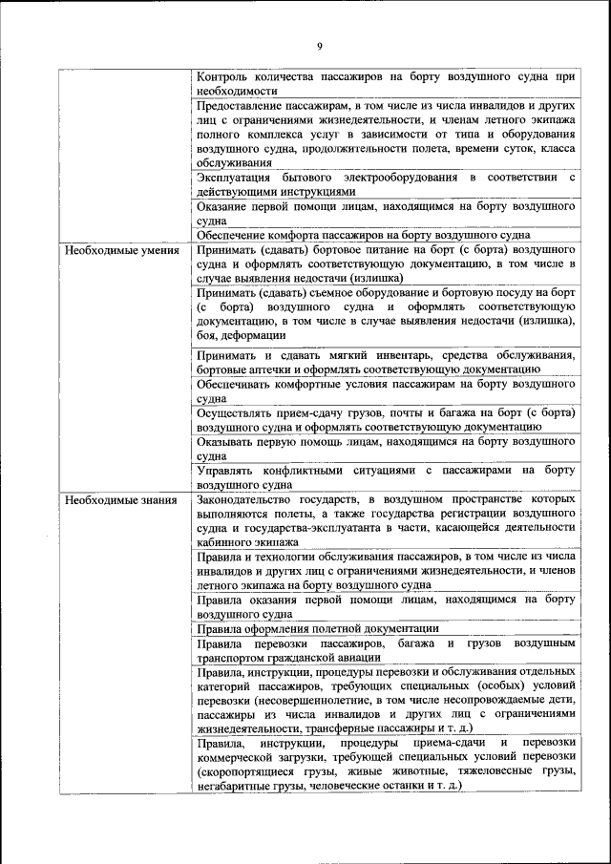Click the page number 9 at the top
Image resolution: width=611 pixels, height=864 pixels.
(x=319, y=46)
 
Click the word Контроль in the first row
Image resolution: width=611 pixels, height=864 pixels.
(x=224, y=74)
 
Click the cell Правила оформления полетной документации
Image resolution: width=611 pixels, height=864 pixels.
(x=317, y=628)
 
